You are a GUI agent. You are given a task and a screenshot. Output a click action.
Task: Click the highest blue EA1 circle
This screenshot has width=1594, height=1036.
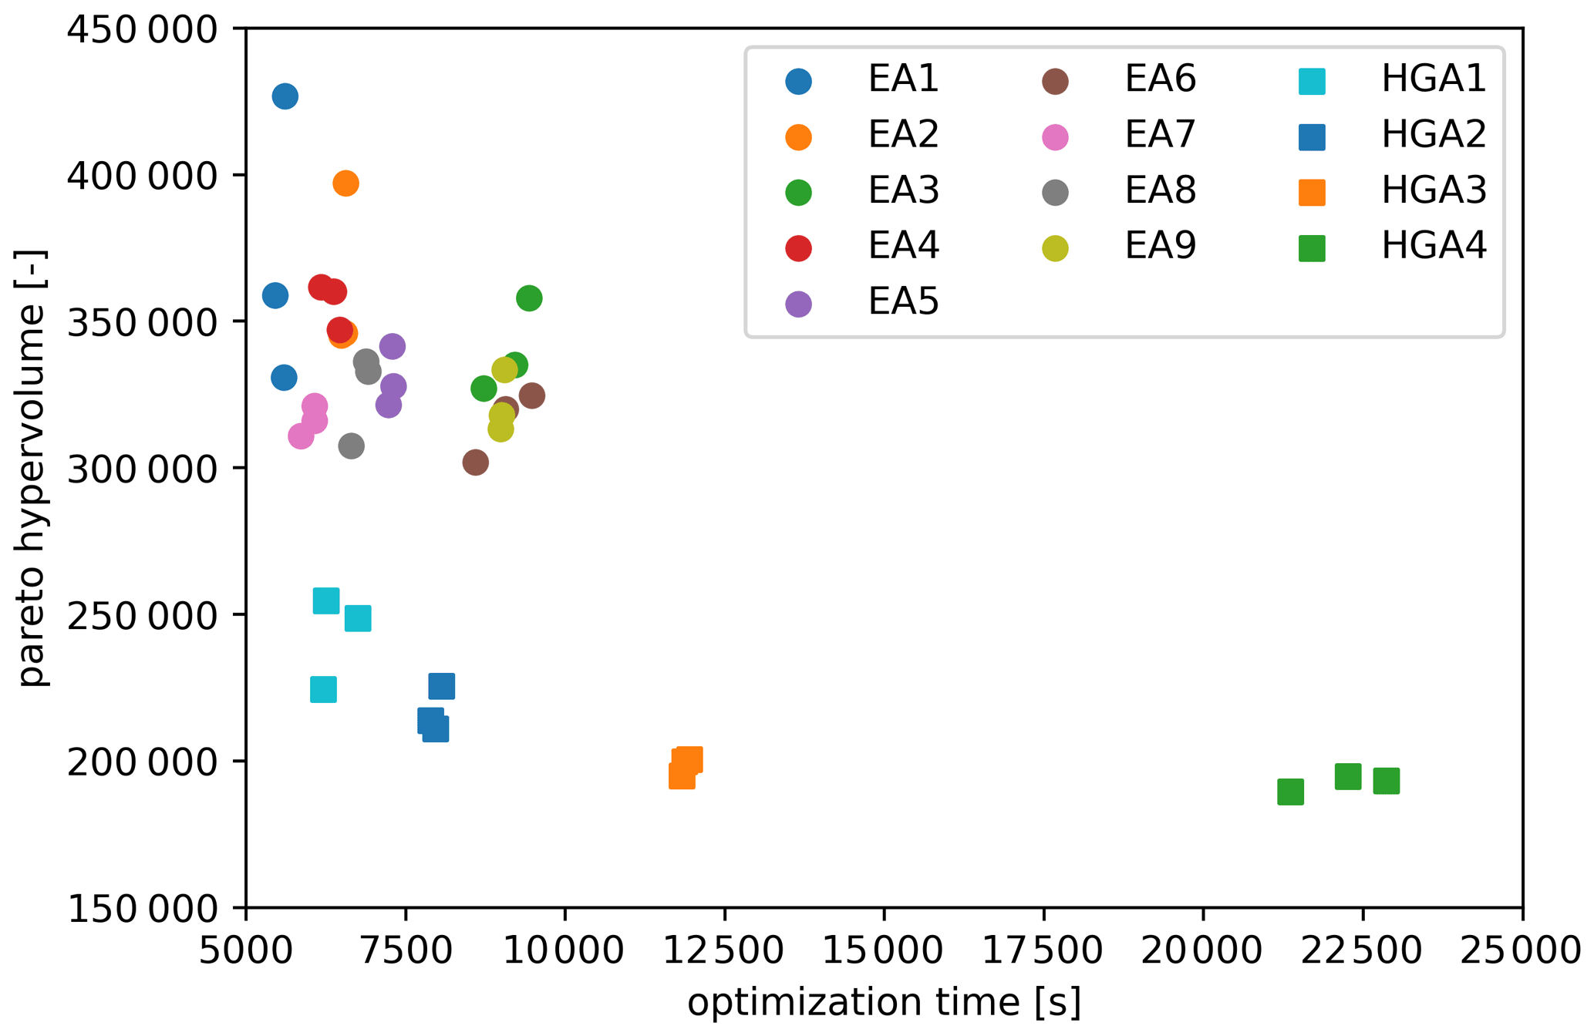point(285,96)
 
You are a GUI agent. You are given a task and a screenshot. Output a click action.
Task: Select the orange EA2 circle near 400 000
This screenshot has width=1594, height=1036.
point(345,183)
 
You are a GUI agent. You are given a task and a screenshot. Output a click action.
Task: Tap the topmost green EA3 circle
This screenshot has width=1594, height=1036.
point(529,298)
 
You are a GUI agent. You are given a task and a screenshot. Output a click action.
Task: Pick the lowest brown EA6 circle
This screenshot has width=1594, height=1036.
point(475,462)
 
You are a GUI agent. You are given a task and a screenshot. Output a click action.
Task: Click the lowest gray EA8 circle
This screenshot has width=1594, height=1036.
point(351,446)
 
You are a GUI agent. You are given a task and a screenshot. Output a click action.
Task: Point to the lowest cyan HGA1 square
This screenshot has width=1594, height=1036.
point(323,689)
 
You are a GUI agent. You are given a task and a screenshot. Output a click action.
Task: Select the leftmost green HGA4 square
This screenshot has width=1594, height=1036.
point(1290,792)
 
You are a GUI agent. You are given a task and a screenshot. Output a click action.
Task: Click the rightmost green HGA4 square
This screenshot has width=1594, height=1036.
point(1386,781)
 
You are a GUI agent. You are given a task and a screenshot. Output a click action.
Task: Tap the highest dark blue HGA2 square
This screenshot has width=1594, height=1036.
point(441,685)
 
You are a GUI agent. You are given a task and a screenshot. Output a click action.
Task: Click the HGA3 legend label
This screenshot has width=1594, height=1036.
point(1433,190)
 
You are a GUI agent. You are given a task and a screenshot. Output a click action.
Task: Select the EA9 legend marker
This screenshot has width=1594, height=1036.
point(1055,248)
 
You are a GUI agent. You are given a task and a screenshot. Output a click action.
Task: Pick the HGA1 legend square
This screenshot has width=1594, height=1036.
point(1311,81)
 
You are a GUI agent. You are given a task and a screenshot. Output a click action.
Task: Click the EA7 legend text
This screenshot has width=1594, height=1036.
point(1159,135)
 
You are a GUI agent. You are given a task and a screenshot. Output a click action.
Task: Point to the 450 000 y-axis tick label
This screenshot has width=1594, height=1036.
point(143,31)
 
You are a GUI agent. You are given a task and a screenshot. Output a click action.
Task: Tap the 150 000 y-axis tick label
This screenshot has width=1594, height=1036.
point(143,910)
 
